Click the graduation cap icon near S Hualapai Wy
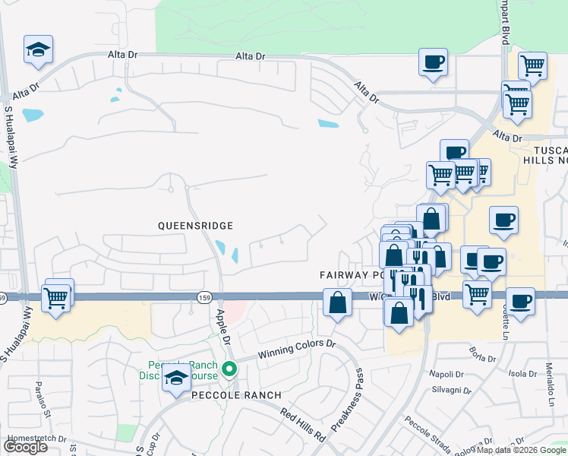pyautogui.click(x=38, y=50)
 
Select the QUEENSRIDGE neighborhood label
pyautogui.click(x=194, y=226)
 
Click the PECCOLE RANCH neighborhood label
pyautogui.click(x=226, y=395)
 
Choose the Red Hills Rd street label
pyautogui.click(x=302, y=425)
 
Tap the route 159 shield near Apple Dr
pyautogui.click(x=204, y=296)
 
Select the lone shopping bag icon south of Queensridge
pyautogui.click(x=337, y=303)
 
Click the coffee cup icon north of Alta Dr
pyautogui.click(x=433, y=62)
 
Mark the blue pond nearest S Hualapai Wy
pyautogui.click(x=33, y=116)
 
